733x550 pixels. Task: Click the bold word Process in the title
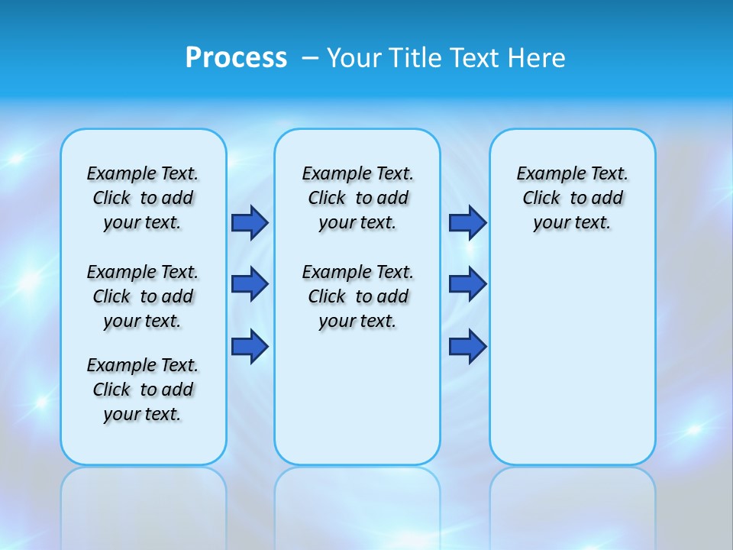click(x=236, y=58)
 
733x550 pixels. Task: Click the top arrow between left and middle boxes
click(x=250, y=222)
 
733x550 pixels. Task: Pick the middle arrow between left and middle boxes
click(x=250, y=284)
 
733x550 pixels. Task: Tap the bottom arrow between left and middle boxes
click(x=250, y=346)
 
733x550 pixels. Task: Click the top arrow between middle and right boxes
click(x=467, y=222)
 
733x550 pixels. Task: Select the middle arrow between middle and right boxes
click(x=467, y=284)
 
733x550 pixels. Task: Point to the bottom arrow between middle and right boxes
click(x=467, y=346)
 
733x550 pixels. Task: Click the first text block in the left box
click(x=143, y=198)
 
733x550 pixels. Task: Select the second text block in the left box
click(x=143, y=296)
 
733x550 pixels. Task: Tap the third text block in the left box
click(x=143, y=390)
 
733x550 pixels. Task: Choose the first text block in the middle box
click(x=357, y=198)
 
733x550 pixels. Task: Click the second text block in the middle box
click(x=357, y=296)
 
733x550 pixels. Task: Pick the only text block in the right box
click(x=572, y=198)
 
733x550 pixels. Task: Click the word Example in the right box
click(x=545, y=174)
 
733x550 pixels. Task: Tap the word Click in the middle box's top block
click(x=327, y=199)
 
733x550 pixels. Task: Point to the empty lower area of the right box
click(x=572, y=359)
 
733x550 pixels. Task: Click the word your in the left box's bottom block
click(x=121, y=415)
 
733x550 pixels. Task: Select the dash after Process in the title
click(x=311, y=58)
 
